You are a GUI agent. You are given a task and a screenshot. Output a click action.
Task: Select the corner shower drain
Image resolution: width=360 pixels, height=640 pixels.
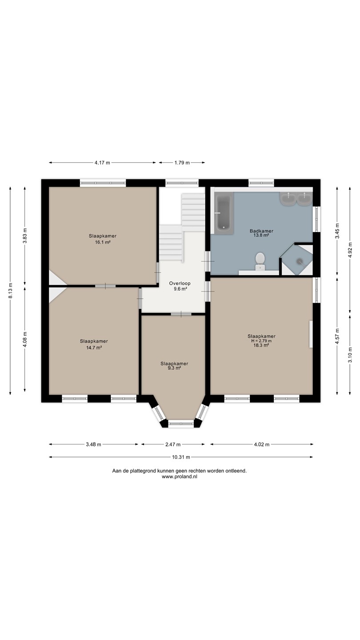click(300, 260)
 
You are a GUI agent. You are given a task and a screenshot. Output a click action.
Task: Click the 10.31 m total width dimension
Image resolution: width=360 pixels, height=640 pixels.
click(181, 457)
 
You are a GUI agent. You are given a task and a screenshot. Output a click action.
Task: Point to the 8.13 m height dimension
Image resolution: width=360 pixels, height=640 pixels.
click(11, 291)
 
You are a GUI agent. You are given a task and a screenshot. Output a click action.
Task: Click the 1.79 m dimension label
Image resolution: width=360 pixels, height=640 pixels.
click(182, 163)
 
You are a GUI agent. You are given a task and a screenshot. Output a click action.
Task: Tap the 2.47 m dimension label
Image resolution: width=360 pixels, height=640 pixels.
click(173, 444)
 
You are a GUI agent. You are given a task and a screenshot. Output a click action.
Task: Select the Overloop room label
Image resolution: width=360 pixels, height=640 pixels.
click(180, 284)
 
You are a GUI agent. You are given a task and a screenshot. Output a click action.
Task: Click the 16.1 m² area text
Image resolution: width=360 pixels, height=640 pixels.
click(103, 242)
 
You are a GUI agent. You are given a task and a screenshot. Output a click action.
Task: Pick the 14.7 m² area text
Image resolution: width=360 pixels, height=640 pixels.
click(94, 348)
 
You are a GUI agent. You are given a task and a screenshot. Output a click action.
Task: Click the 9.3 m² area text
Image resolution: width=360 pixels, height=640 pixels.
click(174, 368)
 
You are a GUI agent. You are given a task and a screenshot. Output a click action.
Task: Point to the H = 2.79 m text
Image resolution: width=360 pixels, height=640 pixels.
click(261, 341)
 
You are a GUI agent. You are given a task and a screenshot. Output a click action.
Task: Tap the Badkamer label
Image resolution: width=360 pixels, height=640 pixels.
click(261, 231)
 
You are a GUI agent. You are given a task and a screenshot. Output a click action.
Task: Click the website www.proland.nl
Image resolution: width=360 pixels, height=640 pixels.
click(180, 476)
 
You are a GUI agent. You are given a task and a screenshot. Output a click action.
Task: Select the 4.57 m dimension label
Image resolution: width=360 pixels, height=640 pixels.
click(337, 336)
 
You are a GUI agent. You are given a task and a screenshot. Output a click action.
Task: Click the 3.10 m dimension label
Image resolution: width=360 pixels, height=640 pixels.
click(350, 354)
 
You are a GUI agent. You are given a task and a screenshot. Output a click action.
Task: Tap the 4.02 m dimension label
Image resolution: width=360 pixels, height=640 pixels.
click(262, 444)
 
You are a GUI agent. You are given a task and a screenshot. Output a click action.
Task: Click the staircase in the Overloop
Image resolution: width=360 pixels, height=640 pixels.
click(182, 227)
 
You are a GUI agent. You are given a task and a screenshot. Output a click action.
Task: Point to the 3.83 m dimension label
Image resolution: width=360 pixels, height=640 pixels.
click(25, 236)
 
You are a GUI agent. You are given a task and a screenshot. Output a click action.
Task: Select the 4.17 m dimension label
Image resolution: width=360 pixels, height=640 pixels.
click(102, 163)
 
